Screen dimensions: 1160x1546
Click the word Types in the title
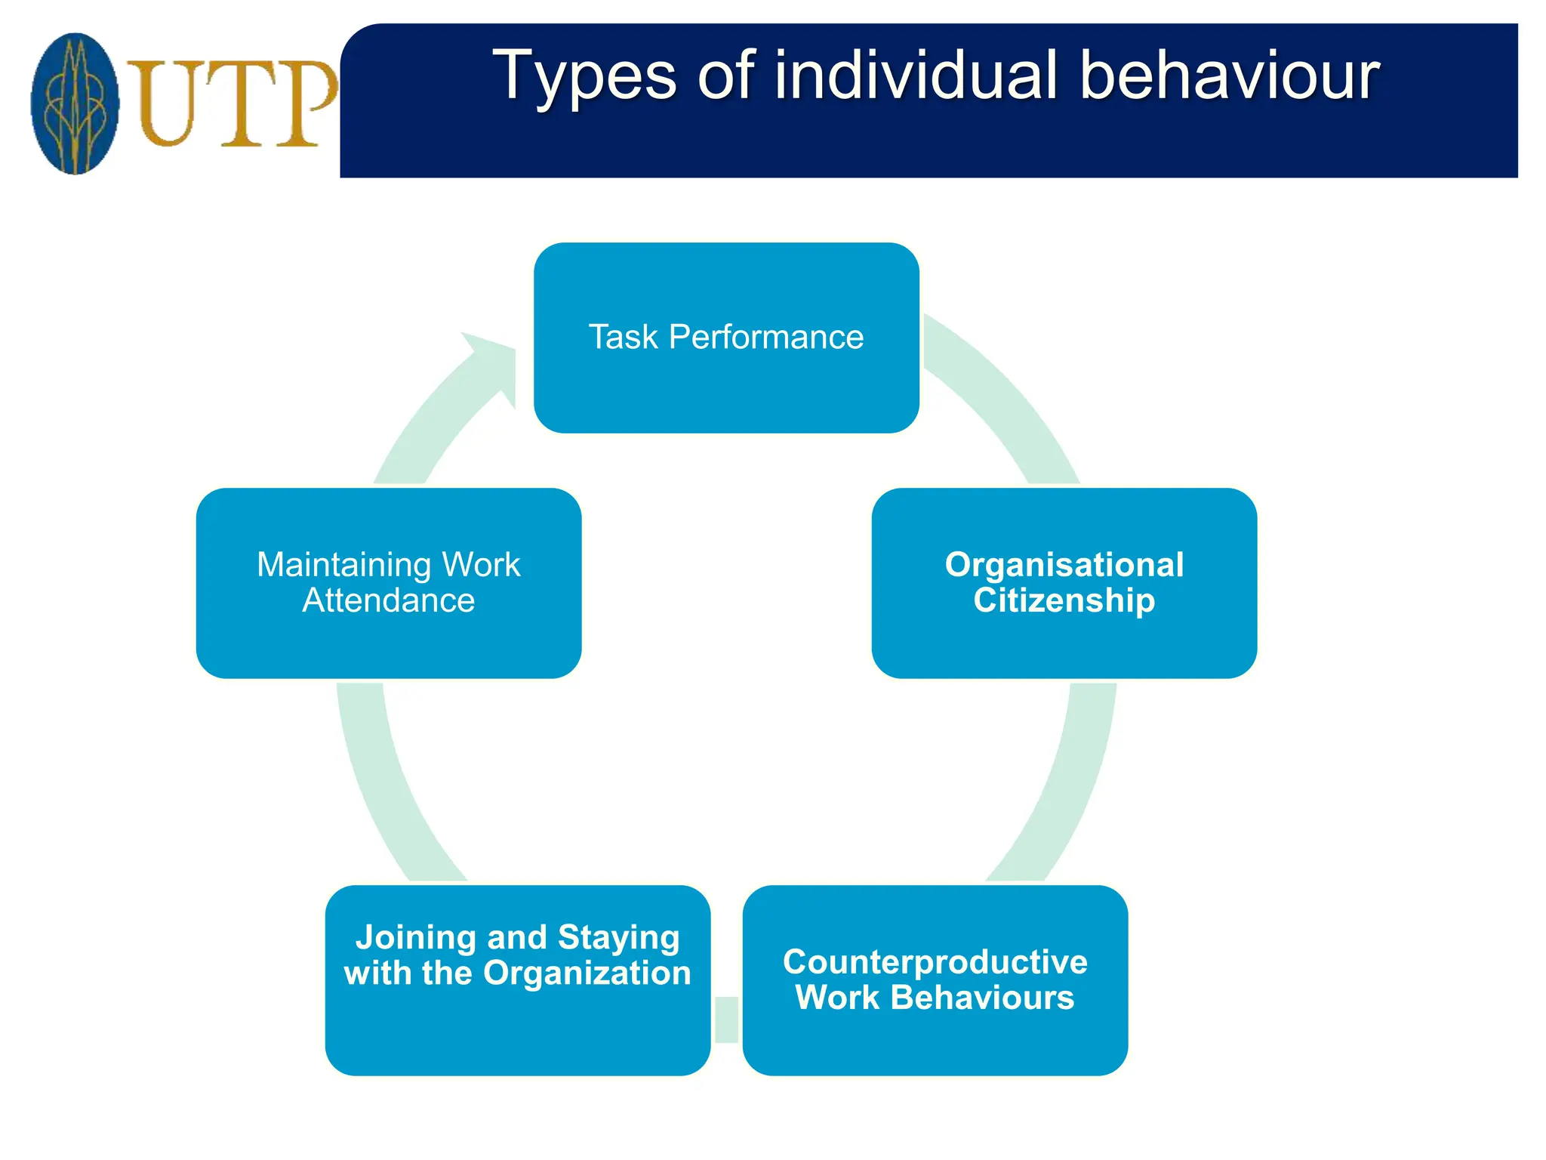pyautogui.click(x=584, y=77)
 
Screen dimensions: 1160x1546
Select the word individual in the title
pyautogui.click(x=915, y=76)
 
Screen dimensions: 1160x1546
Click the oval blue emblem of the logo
pyautogui.click(x=75, y=103)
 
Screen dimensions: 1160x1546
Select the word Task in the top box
pyautogui.click(x=624, y=338)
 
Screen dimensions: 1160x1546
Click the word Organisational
pyautogui.click(x=1064, y=565)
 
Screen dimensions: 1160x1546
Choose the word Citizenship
pyautogui.click(x=1064, y=601)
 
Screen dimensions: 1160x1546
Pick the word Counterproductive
pyautogui.click(x=935, y=962)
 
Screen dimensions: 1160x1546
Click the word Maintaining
pyautogui.click(x=343, y=565)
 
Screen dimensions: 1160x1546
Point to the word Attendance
pyautogui.click(x=388, y=601)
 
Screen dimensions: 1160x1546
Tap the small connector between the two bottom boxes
pyautogui.click(x=726, y=1020)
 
